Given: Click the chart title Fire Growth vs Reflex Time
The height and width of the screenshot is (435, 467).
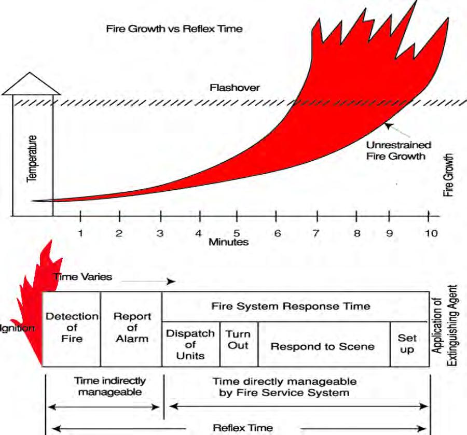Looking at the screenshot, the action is coord(174,29).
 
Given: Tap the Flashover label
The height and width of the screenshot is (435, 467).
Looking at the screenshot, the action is coord(235,88).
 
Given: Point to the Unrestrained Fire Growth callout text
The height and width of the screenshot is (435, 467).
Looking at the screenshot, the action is coord(399,150).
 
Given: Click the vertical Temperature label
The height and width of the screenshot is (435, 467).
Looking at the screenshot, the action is coord(32,159).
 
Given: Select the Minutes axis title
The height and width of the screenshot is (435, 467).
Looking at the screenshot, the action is coord(228,242).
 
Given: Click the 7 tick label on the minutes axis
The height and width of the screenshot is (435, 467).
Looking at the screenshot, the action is coord(316,233).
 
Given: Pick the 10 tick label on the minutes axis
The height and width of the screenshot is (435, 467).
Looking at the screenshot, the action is coord(431,233).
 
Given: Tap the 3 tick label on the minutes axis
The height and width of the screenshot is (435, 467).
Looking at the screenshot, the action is coord(160,233).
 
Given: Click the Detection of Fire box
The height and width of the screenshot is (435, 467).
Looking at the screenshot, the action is coord(72,329).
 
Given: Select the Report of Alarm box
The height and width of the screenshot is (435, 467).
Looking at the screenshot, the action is coord(131,329).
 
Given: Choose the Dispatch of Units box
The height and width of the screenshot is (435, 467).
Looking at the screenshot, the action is coord(191,344).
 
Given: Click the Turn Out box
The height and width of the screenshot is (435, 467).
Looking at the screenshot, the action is coord(239,344).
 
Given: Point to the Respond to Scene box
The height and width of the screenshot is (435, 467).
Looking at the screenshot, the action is coord(324,344).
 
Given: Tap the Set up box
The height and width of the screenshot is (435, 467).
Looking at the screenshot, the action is coord(409,344).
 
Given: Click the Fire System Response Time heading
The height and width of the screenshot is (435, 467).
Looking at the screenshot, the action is coord(291,306).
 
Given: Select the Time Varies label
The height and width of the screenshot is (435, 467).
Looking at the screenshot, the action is coord(83,277).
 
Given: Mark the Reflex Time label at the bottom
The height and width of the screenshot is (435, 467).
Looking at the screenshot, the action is coord(243,428).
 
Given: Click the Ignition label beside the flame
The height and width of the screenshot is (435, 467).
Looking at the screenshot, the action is coord(17,328).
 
